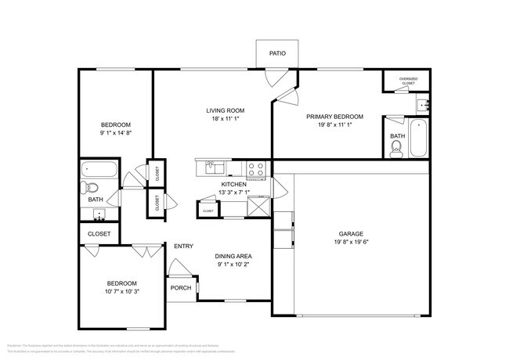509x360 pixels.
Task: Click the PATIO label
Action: (x=277, y=54)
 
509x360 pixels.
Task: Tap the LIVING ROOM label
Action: (x=226, y=110)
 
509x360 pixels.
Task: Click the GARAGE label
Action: (x=350, y=233)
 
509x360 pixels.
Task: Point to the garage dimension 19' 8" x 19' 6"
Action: (x=350, y=242)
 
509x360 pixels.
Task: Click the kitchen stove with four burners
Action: (x=257, y=167)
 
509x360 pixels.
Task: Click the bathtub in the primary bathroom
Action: (x=419, y=138)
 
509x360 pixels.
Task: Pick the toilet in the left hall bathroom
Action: (x=90, y=187)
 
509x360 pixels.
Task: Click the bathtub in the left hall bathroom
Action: (x=100, y=169)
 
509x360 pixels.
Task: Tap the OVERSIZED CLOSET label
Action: (x=408, y=81)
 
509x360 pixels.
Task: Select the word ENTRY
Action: (x=183, y=247)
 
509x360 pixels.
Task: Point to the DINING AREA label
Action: (x=233, y=256)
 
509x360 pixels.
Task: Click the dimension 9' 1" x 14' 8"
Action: (x=115, y=134)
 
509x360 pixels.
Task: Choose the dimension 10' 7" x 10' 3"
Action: (x=121, y=291)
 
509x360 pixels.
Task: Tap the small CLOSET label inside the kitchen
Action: (x=208, y=211)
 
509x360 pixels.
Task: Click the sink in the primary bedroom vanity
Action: (x=422, y=103)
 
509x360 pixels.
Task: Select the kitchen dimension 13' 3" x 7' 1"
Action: (x=233, y=193)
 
